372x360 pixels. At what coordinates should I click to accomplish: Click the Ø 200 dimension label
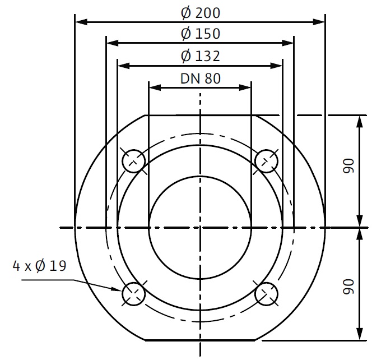pyautogui.click(x=201, y=13)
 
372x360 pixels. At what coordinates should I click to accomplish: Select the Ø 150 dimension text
pyautogui.click(x=201, y=34)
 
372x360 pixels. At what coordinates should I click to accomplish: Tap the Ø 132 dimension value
pyautogui.click(x=201, y=56)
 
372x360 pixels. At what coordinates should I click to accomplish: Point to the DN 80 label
pyautogui.click(x=201, y=79)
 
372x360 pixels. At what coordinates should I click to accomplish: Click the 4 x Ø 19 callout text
pyautogui.click(x=39, y=266)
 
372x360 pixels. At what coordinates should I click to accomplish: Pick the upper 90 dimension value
pyautogui.click(x=348, y=166)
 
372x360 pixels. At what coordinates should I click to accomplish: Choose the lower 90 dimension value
pyautogui.click(x=348, y=287)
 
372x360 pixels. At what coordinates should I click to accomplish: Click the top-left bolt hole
pyautogui.click(x=133, y=161)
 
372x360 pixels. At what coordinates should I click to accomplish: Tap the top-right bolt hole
pyautogui.click(x=267, y=161)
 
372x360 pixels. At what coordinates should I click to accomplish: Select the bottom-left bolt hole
pyautogui.click(x=133, y=294)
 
